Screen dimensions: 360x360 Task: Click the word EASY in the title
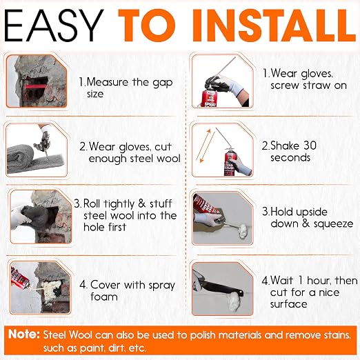tap(54, 26)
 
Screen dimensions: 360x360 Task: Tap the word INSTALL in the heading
tap(273, 26)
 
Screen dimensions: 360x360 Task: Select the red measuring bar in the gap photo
tap(35, 86)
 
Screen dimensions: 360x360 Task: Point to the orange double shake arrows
tap(205, 146)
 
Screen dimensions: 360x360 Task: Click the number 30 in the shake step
tap(310, 146)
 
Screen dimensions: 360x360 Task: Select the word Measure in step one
tap(107, 82)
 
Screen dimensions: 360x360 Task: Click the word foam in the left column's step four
tap(104, 297)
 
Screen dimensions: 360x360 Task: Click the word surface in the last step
tap(289, 304)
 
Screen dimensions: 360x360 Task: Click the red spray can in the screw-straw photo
tap(209, 99)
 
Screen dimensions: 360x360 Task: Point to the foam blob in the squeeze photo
tap(241, 232)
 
